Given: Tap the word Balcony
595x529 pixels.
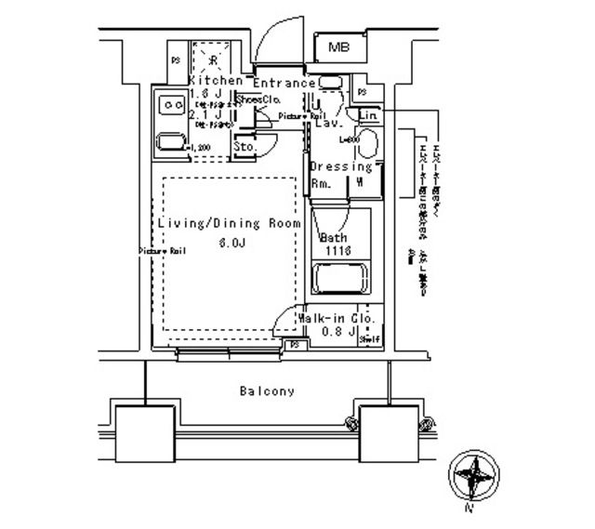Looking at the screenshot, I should [266, 391].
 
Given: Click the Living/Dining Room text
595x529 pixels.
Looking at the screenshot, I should [229, 224].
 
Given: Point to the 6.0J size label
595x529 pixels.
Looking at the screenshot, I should [231, 244].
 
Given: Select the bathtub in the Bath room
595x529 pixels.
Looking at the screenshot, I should [339, 280].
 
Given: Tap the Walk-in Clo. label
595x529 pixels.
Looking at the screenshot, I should [337, 319].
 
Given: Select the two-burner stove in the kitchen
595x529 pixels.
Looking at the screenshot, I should [169, 106].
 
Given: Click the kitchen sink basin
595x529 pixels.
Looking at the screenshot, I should [170, 142].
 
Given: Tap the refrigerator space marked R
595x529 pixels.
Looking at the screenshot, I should [212, 60].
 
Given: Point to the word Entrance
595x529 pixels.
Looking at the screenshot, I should [284, 83].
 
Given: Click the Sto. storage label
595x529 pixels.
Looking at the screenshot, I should [245, 147].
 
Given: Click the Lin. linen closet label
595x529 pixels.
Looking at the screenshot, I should [367, 114].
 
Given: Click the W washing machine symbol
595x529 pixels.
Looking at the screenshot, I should [359, 181].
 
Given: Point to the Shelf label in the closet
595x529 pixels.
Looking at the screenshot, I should [370, 338].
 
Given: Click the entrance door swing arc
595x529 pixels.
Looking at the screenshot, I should [272, 41].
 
